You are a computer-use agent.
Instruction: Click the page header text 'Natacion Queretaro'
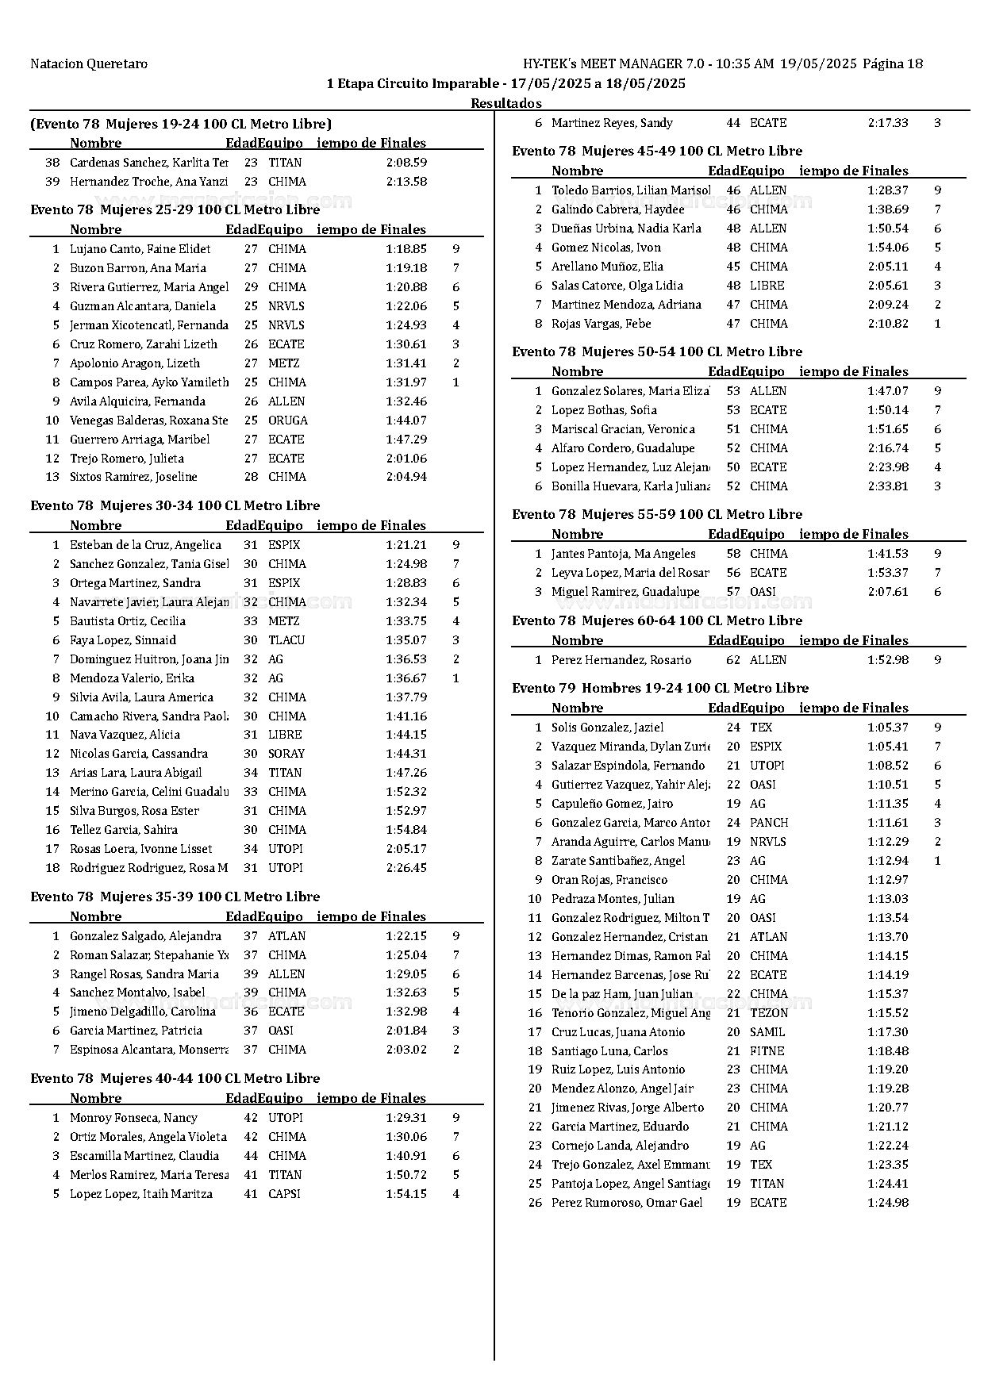click(x=89, y=64)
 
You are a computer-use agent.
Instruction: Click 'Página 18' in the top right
click(x=893, y=64)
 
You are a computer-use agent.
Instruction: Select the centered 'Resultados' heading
click(x=506, y=103)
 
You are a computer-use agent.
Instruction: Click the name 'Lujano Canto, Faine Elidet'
click(x=140, y=249)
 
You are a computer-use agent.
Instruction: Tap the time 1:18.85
click(x=406, y=249)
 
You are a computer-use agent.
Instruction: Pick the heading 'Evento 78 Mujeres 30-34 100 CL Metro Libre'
click(x=175, y=506)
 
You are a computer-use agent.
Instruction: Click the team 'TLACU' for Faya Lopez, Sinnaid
click(x=286, y=640)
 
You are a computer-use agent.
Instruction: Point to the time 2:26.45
click(x=406, y=868)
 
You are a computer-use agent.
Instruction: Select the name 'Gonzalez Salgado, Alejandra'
click(x=145, y=936)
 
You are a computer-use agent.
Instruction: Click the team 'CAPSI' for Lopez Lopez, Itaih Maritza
click(x=284, y=1194)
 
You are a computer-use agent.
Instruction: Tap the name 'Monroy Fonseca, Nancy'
click(x=133, y=1118)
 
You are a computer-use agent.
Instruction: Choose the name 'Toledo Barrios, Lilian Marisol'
click(x=631, y=190)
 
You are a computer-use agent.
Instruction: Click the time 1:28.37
click(x=888, y=190)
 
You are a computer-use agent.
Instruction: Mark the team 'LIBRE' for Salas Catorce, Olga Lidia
click(x=767, y=286)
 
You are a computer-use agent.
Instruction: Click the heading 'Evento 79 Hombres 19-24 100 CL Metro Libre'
click(x=660, y=689)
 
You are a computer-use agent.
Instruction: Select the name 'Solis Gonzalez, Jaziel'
click(x=607, y=728)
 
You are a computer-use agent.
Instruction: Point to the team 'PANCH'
click(x=769, y=823)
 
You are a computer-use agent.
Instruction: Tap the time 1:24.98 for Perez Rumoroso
click(x=888, y=1203)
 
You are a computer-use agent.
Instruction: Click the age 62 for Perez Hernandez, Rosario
click(x=733, y=660)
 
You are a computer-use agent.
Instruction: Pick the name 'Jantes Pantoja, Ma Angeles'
click(x=623, y=554)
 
